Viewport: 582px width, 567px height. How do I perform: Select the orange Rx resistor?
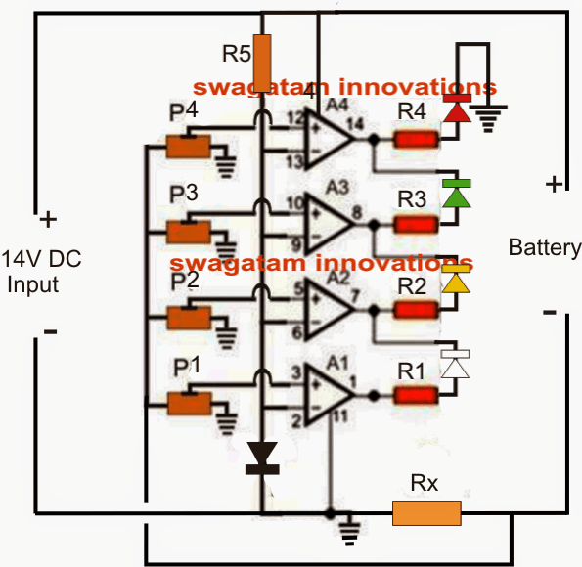[x=426, y=512]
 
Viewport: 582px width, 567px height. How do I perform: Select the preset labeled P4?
[x=189, y=147]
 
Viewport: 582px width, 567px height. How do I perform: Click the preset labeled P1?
[x=189, y=403]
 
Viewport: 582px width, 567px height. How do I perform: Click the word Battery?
[x=543, y=248]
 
